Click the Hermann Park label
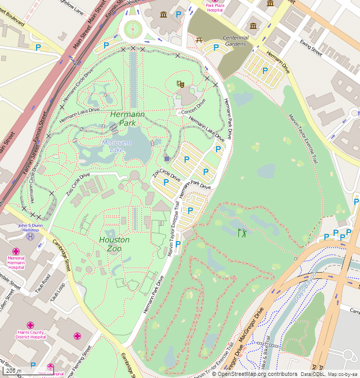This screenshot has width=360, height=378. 127,118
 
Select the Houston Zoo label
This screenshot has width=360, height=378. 114,244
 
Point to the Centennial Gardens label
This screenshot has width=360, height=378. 236,41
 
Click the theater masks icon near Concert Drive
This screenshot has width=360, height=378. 181,83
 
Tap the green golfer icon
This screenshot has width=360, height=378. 242,233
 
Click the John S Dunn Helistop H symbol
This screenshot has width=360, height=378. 30,236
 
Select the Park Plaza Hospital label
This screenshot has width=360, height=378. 215,7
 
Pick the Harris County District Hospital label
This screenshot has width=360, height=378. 30,334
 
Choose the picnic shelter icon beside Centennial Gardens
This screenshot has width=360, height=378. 199,39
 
